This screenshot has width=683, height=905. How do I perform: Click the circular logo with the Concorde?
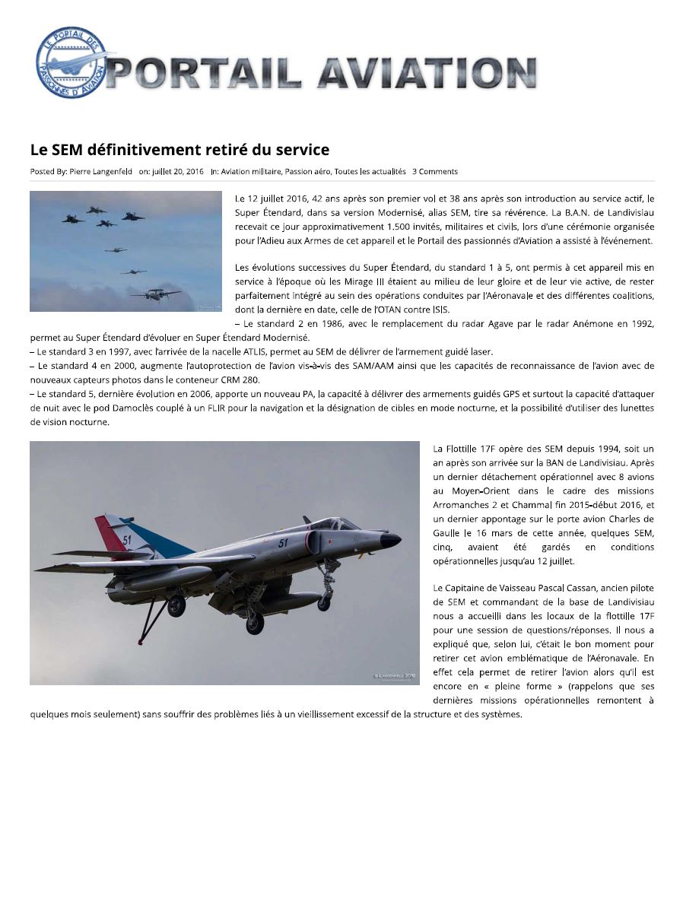[x=72, y=63]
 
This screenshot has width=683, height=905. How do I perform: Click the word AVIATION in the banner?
[x=427, y=75]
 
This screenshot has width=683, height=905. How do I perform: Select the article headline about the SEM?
[x=179, y=149]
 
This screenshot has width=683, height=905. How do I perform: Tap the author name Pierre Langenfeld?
[x=100, y=172]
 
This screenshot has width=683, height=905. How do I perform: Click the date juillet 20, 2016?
[x=178, y=172]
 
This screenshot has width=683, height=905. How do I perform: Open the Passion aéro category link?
[x=308, y=172]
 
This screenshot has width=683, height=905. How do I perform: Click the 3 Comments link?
[x=435, y=172]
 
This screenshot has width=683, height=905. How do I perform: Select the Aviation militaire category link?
[x=251, y=172]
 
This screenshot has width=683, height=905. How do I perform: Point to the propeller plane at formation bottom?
[x=156, y=294]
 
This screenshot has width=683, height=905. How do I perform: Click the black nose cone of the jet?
[x=390, y=541]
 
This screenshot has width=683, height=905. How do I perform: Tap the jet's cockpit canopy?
[x=332, y=525]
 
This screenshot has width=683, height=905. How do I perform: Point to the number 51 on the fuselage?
[x=283, y=543]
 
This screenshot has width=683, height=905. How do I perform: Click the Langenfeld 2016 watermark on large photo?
[x=394, y=675]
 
